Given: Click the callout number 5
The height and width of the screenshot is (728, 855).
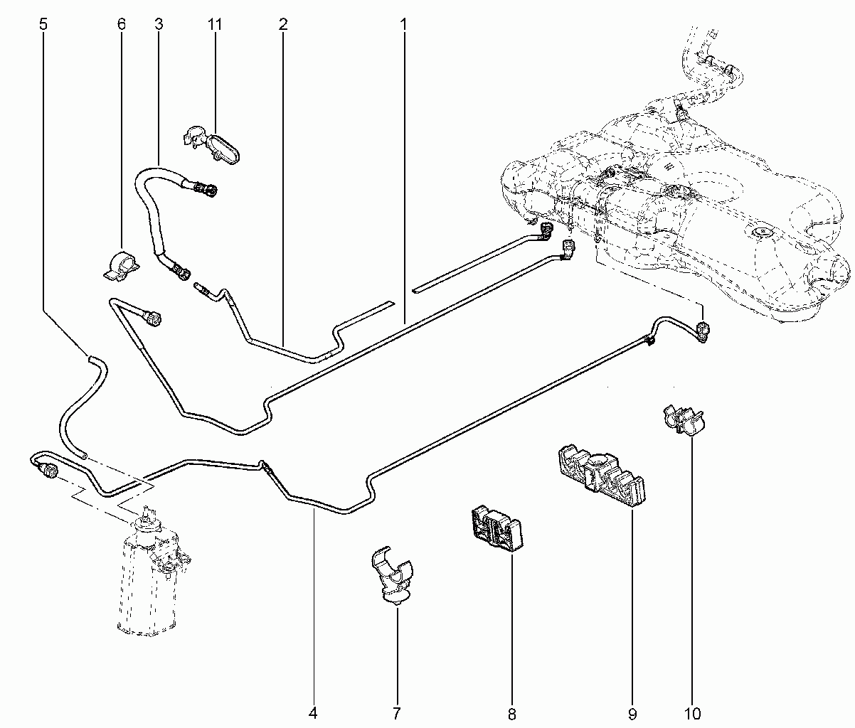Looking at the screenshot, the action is tap(43, 24).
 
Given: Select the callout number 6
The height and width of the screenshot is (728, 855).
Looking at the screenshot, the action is tap(121, 24).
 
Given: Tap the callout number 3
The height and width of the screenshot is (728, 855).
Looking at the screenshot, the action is tap(159, 24).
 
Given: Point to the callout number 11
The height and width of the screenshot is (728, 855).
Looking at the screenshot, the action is tap(215, 24).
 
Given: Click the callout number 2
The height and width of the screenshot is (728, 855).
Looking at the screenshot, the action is tap(283, 24).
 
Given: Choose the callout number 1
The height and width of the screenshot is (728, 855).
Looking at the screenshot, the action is tap(403, 24).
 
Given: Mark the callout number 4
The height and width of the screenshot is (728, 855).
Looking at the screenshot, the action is tap(313, 713).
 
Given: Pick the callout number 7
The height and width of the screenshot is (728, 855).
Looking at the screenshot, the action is tap(397, 713).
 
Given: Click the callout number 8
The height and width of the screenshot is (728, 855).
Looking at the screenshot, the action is tap(512, 714).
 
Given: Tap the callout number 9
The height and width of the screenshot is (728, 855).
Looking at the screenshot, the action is tap(632, 714).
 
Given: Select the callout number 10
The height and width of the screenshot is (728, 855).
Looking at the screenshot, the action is tap(693, 714).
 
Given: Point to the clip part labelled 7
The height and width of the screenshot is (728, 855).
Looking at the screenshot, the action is tap(391, 576).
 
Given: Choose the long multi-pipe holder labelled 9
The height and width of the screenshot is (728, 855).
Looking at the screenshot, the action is tap(600, 475).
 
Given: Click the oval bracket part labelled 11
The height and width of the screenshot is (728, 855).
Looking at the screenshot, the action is tap(212, 145).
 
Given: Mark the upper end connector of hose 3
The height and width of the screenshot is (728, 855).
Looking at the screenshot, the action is tap(207, 190).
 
